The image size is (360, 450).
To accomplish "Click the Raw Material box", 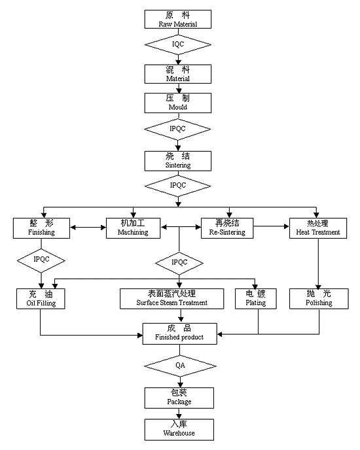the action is coord(178,19).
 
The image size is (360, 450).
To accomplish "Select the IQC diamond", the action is coord(178,44).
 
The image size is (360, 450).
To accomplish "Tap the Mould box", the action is coord(178,103).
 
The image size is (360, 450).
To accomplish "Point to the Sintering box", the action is coord(178,161).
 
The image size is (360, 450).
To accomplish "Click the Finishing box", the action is coord(41,228).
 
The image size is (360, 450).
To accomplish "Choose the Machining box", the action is coord(133,228).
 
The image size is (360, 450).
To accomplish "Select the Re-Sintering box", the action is coord(227,228).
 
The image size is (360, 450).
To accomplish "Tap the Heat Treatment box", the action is coord(318,228).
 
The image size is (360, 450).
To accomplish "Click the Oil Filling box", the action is coord(41,299).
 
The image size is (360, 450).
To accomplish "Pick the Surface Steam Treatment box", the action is coord(171,299).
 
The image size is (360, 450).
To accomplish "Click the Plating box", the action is coord(256,299).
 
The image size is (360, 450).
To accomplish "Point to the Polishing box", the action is coord(319,299).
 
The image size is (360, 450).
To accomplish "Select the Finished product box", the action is coord(179,334).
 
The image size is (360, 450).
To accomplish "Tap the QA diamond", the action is coord(180,366).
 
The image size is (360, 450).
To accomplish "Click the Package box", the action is coord(179,398).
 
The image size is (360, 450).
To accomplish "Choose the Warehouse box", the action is coord(179,430).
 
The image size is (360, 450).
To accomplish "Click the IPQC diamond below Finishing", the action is coord(41,260).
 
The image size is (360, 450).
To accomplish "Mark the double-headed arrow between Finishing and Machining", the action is coord(88,228).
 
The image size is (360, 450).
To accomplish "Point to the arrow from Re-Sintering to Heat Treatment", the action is coord(271,226).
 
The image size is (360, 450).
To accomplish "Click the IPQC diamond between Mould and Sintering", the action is coord(177,129).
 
